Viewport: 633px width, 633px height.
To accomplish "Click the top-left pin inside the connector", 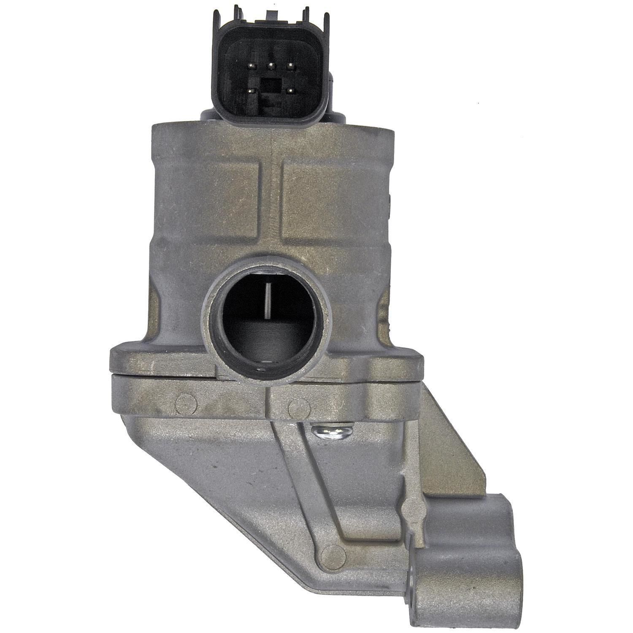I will (x=252, y=65).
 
